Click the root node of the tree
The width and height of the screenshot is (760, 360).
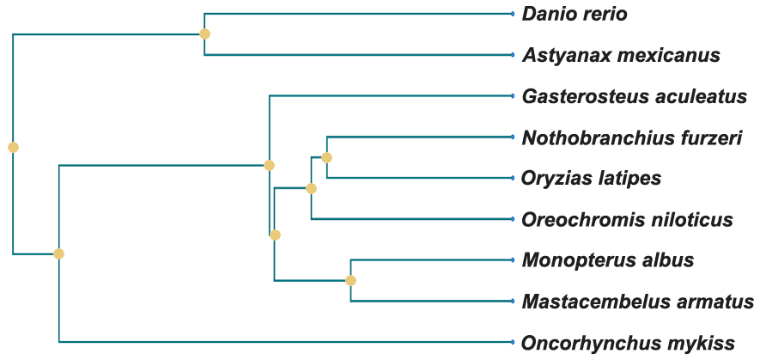tap(13, 147)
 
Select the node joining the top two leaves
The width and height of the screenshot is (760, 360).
tap(204, 34)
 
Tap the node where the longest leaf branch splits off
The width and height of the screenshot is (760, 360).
tap(58, 253)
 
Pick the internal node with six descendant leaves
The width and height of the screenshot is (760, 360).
tap(269, 165)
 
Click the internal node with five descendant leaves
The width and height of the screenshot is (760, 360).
tap(275, 235)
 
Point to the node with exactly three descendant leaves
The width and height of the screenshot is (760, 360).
tap(311, 188)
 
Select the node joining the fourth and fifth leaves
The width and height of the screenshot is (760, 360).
tap(326, 157)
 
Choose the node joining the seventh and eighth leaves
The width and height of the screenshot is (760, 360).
tap(350, 280)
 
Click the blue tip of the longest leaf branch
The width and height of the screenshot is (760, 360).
tap(513, 342)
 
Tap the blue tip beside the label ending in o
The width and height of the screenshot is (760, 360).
tap(513, 14)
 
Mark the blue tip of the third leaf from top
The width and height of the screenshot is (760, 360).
tap(513, 95)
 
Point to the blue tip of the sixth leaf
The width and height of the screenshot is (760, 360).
tap(513, 219)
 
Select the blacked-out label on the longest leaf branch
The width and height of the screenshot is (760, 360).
tap(628, 344)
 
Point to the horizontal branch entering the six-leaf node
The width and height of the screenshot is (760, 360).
tap(163, 165)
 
